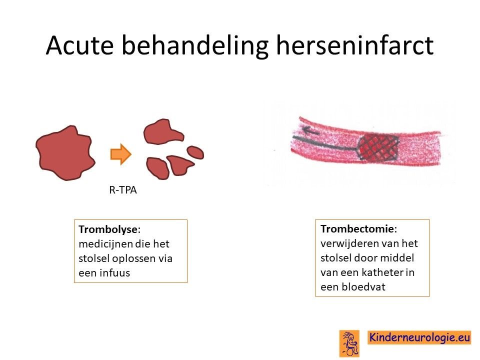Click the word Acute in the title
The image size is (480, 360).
pyautogui.click(x=80, y=45)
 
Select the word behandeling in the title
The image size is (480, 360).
pyautogui.click(x=195, y=46)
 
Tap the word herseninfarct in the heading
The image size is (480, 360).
pyautogui.click(x=355, y=45)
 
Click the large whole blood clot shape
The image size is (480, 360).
pyautogui.click(x=65, y=152)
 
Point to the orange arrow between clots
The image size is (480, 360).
pyautogui.click(x=121, y=154)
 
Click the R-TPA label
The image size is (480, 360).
pyautogui.click(x=123, y=190)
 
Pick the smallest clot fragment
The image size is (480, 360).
pyautogui.click(x=195, y=152)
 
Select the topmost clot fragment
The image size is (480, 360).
pyautogui.click(x=163, y=132)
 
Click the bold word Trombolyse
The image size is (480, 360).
pyautogui.click(x=108, y=229)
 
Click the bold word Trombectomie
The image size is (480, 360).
pyautogui.click(x=357, y=228)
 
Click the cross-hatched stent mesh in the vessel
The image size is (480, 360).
pyautogui.click(x=378, y=148)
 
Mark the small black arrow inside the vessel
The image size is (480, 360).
pyautogui.click(x=310, y=131)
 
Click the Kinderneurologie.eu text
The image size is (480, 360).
pyautogui.click(x=419, y=337)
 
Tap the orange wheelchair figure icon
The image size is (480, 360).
pyautogui.click(x=349, y=343)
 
